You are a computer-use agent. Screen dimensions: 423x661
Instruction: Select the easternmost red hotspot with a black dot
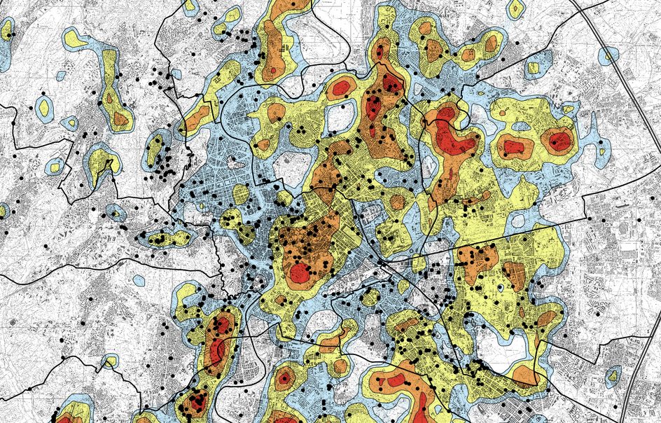558,141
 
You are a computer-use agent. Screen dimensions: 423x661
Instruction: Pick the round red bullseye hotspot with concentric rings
284,379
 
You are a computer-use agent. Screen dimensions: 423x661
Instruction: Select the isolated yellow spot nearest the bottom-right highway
613,376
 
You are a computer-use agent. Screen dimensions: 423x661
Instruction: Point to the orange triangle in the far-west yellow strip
120,120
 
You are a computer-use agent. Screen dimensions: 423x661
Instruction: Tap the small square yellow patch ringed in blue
533,68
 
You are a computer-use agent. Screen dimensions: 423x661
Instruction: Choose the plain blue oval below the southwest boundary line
139,280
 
